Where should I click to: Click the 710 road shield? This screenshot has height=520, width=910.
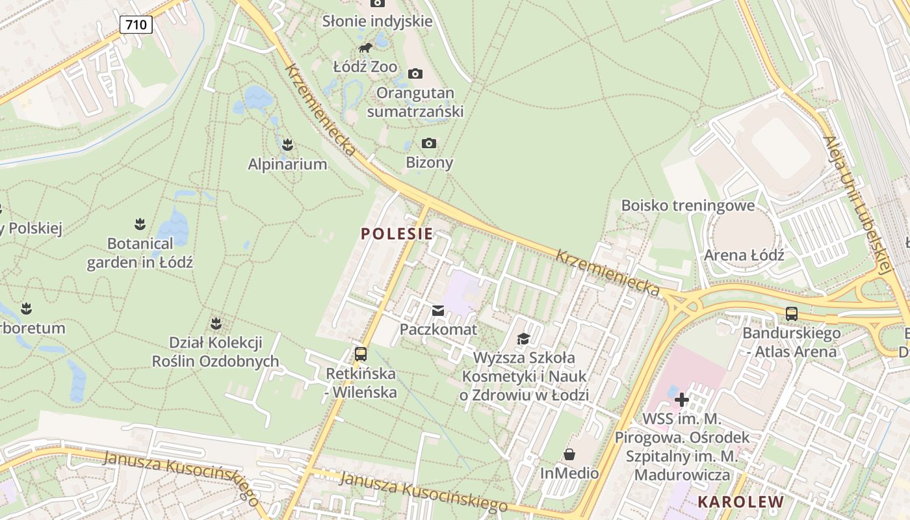pos(136,25)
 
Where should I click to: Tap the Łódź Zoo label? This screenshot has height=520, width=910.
pos(365,66)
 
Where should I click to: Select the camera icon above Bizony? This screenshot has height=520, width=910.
pos(429,143)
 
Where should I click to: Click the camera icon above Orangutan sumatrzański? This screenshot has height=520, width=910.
pos(415,73)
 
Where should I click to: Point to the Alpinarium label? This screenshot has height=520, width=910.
pos(287,164)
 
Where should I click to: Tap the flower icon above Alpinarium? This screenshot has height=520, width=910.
pos(288,144)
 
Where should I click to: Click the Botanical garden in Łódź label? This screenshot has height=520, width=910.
pos(140,253)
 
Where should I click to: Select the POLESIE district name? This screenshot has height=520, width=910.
pos(396,234)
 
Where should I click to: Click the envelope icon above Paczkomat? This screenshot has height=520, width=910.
pos(438,311)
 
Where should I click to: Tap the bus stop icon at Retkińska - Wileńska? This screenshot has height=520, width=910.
pos(361,354)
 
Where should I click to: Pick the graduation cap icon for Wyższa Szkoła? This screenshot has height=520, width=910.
pos(523,339)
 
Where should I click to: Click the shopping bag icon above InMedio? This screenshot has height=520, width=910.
pos(569,454)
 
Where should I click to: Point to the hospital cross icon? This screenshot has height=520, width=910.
pos(682,399)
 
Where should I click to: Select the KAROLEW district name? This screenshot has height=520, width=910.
pos(741,502)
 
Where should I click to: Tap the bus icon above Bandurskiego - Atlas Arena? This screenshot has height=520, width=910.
pos(792,314)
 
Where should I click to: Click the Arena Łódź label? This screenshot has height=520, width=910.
pos(744,255)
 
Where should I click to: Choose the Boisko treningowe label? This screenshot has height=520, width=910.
pos(688,205)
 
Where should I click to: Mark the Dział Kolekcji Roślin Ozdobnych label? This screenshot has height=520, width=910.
pos(215,352)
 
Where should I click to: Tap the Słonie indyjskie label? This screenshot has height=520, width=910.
pos(377,21)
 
